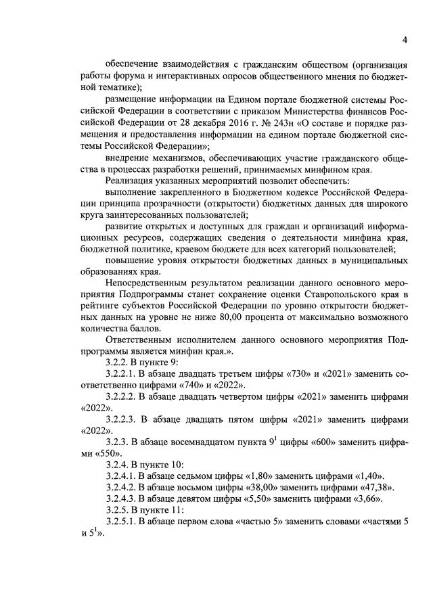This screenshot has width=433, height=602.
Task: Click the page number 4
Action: point(403,40)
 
